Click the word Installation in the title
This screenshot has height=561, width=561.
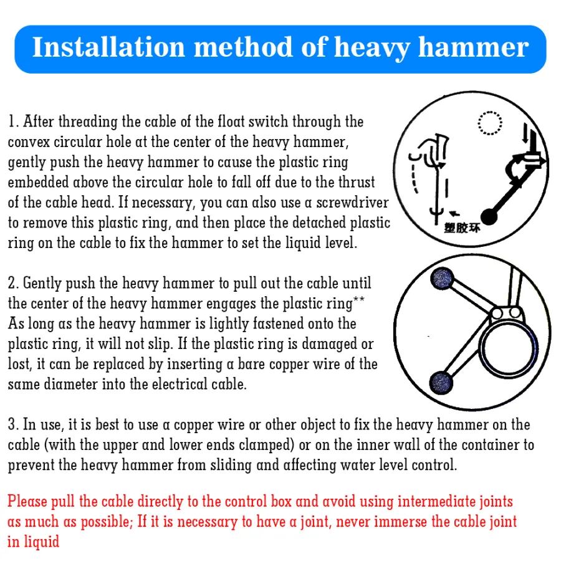pos(108,47)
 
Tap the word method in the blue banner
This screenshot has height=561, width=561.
pos(243,47)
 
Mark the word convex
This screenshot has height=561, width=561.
pos(29,142)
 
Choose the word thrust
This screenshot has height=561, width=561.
pos(357,182)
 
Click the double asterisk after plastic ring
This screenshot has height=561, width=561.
pos(359,299)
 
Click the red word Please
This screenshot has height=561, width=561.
pos(27,501)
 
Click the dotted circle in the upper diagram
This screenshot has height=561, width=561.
pos(490,112)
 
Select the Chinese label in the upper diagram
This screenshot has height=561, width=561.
pos(462,228)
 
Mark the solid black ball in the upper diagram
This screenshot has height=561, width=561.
pos(489,217)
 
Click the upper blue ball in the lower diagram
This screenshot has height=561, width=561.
pos(442,279)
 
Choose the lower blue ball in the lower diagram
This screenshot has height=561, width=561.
pos(441,383)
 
